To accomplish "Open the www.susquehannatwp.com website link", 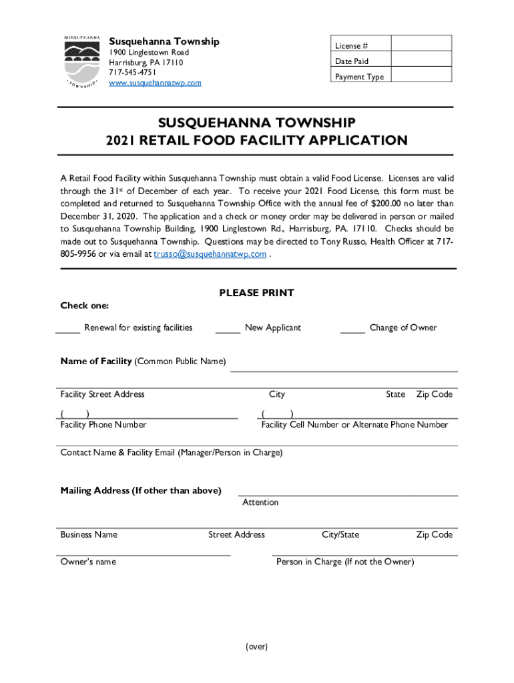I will (x=155, y=83).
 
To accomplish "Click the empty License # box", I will (x=421, y=45).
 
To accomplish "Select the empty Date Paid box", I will (x=421, y=61).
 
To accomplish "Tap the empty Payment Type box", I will (x=421, y=76).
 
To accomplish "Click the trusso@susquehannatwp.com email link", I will (x=210, y=254).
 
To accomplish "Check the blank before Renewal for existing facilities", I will (x=68, y=328).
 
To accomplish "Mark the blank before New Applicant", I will (x=228, y=328).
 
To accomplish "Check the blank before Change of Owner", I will (x=352, y=328).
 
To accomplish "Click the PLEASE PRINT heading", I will (x=256, y=293).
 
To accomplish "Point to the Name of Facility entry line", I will (x=344, y=368).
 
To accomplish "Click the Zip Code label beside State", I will (x=435, y=394).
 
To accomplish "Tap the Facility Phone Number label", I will (x=103, y=425).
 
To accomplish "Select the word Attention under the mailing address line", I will (x=260, y=502).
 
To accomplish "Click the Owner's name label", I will (x=88, y=562).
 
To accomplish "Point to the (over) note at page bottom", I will (x=256, y=646).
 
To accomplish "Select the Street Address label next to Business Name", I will (x=236, y=534).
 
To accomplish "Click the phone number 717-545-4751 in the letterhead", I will (x=133, y=73).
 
